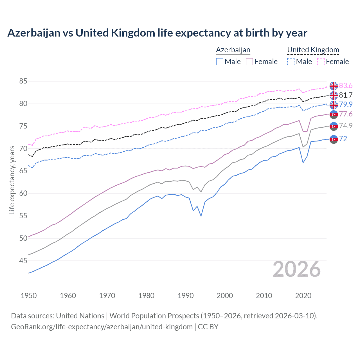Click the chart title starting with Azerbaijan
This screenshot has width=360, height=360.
(x=157, y=33)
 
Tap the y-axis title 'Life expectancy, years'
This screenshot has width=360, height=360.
(x=12, y=180)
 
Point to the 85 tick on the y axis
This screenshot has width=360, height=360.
(x=23, y=81)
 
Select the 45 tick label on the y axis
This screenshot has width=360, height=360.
(x=23, y=261)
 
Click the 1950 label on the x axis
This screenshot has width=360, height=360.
(x=29, y=296)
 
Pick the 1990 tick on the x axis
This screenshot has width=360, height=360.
(x=186, y=296)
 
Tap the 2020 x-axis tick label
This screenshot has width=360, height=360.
(x=303, y=296)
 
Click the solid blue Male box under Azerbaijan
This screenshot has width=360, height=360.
(x=220, y=62)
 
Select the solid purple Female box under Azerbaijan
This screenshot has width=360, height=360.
(x=249, y=62)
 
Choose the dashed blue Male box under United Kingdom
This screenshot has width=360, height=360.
(x=291, y=62)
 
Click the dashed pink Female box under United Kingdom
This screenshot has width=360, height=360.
(x=321, y=62)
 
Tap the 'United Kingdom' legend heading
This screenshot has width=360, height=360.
(x=313, y=50)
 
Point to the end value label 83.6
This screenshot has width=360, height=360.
(x=346, y=85)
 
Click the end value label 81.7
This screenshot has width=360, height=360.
(x=346, y=95)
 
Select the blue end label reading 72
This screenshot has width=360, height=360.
(x=343, y=139)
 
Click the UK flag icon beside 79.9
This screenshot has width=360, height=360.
(x=334, y=105)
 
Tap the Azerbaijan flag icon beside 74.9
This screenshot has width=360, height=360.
(x=334, y=126)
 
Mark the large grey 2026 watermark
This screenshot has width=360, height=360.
(x=297, y=269)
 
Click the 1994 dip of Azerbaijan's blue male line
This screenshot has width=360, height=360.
(x=201, y=216)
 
